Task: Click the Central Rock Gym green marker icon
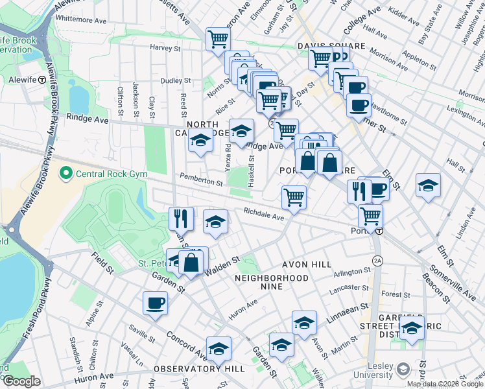pos(65,174)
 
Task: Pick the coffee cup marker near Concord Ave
pos(156,303)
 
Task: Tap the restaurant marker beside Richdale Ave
pos(182,218)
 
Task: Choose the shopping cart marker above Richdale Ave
pos(294,197)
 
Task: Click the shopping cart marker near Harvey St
pos(218,39)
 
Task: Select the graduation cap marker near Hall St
pos(428,184)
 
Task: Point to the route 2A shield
pos(377,261)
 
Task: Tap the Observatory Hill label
pos(199,368)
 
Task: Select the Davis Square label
pos(331,46)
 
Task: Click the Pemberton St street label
pos(200,183)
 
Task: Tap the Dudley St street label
pos(175,81)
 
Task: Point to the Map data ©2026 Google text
pos(445,384)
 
